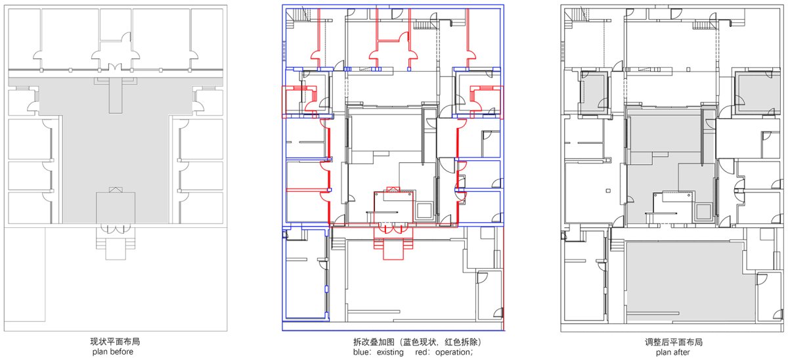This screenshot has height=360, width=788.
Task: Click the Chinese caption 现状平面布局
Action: coord(115,342)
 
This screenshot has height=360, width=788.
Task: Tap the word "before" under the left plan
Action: coord(122,352)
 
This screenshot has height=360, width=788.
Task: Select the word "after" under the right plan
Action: coord(682,352)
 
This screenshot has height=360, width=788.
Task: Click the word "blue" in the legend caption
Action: coord(361,352)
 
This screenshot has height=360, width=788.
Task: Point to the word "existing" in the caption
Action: coord(390,352)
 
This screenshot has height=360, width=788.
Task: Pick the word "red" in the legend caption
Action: coord(422,352)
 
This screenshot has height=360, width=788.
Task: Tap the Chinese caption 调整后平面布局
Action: coord(673,342)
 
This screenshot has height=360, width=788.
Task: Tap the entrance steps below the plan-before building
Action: coord(116,243)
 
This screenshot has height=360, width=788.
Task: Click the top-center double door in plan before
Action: coord(116,67)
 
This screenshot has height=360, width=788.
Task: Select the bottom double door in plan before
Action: coord(116,229)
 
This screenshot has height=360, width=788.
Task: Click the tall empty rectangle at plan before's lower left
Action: coord(25,274)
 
